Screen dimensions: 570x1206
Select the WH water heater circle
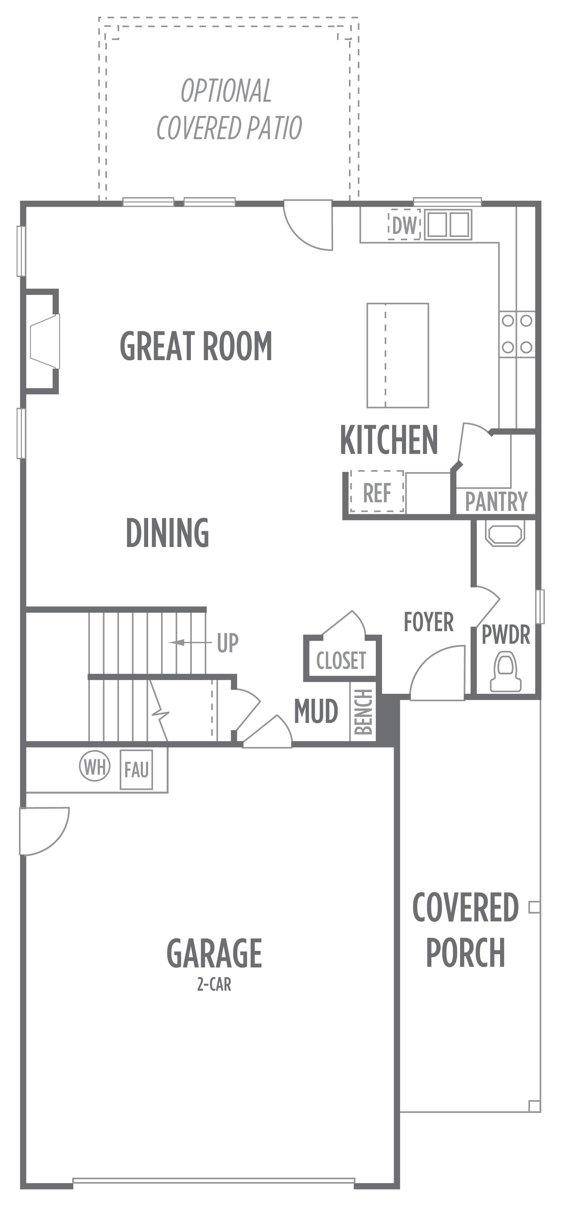95,766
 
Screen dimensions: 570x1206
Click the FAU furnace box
136,770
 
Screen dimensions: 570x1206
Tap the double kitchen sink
448,224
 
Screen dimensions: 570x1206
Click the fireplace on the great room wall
43,341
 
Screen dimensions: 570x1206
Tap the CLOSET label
341,661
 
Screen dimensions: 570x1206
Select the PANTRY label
496,501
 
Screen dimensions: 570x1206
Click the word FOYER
428,622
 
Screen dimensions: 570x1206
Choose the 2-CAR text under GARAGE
214,985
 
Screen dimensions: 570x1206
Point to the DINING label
167,533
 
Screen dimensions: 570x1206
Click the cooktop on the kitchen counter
517,334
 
